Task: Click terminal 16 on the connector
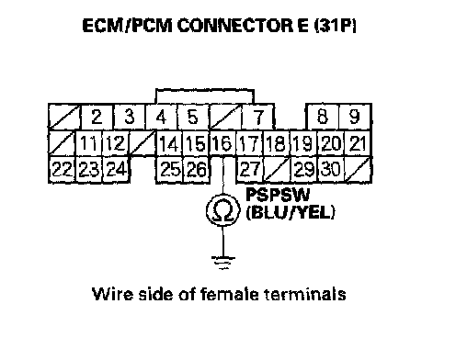click(222, 143)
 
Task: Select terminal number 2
click(97, 117)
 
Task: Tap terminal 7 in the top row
click(257, 117)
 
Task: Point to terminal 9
click(355, 117)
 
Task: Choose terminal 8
click(323, 117)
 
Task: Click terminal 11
click(89, 143)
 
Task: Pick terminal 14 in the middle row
click(169, 143)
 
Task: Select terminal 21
click(359, 143)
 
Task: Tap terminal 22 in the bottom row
click(63, 170)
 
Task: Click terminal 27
click(250, 170)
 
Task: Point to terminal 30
click(331, 170)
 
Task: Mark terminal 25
click(169, 170)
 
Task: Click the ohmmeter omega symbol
click(222, 210)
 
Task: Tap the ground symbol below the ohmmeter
click(223, 263)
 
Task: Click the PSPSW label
click(278, 195)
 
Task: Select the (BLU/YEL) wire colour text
click(291, 212)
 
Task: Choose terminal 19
click(303, 143)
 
